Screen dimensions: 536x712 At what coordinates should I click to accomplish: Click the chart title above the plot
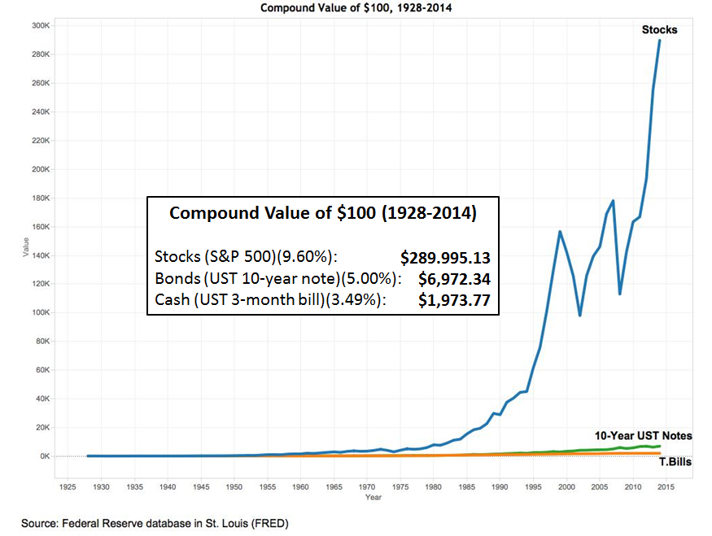356,8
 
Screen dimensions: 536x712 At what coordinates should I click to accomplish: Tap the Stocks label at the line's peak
659,30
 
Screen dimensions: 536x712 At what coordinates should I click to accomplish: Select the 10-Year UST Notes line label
643,435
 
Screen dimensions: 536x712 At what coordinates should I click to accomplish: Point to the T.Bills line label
674,462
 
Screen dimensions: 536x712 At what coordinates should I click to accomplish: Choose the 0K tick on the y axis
44,456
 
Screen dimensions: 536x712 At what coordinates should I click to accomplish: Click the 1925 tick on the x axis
68,486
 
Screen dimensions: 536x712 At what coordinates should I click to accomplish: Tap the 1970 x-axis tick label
366,486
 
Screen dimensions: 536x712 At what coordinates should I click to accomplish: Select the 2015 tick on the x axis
666,486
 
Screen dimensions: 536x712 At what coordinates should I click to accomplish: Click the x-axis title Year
373,497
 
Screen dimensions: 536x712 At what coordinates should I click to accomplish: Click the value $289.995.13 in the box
445,258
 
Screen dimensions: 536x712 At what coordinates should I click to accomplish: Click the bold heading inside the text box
322,214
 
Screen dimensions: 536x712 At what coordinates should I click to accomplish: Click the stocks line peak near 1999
560,231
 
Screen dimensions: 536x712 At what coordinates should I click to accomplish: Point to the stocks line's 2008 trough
619,294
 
